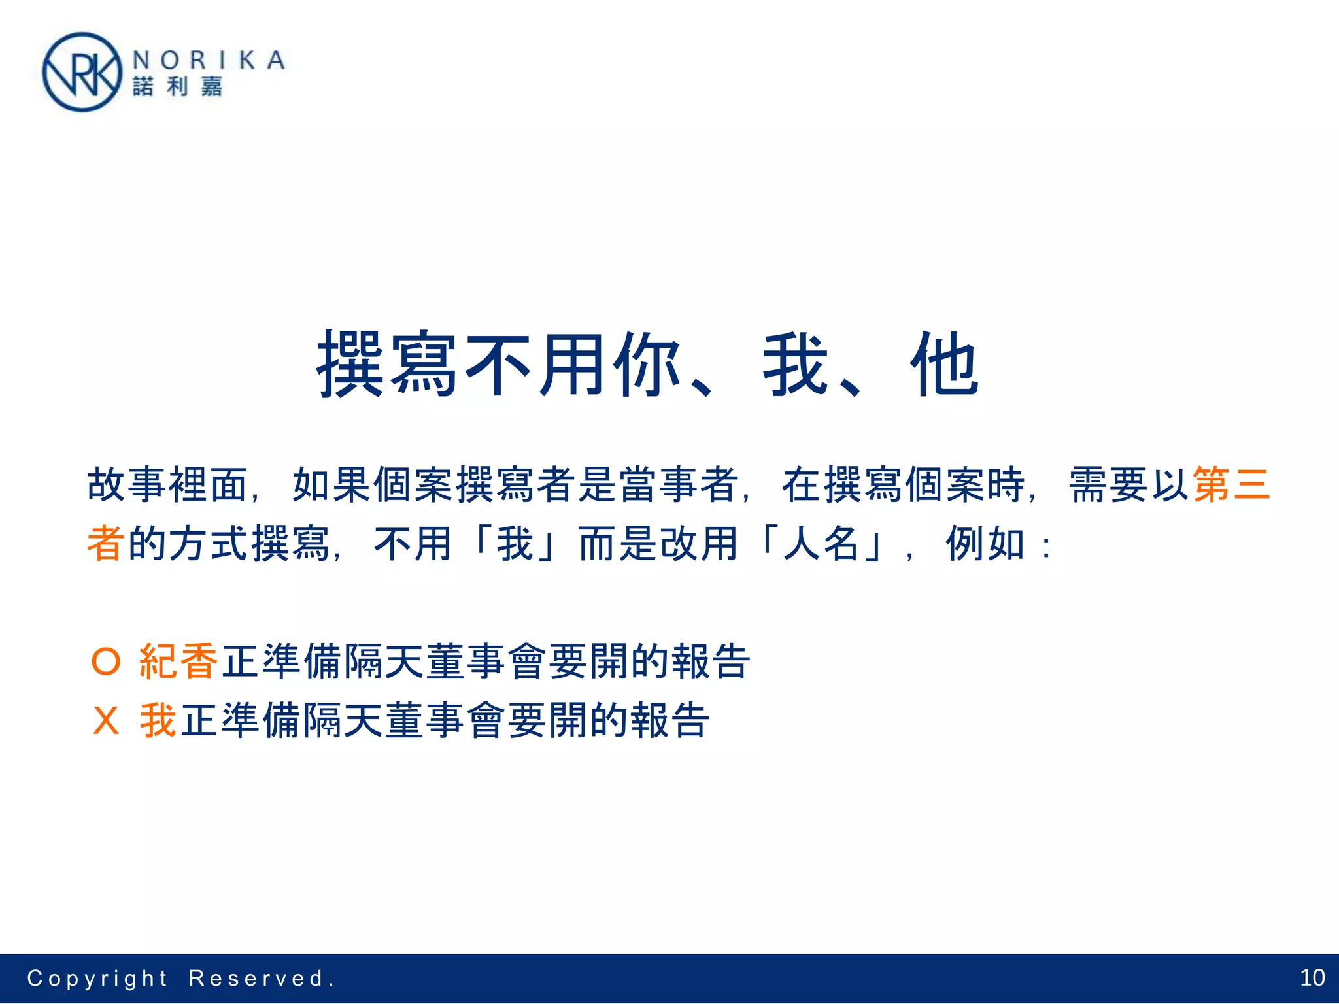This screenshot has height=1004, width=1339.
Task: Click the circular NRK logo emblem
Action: point(82,73)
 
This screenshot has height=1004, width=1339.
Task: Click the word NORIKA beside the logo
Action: point(209,61)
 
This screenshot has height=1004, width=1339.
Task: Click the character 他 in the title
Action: point(944,365)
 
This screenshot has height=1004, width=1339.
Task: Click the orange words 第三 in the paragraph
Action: point(1231,485)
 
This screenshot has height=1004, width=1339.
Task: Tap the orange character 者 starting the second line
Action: point(106,543)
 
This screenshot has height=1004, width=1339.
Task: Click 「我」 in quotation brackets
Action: point(515,543)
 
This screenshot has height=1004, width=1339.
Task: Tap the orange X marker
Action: point(106,720)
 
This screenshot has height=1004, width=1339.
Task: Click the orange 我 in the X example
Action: point(158,720)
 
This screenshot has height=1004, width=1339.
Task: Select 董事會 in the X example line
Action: point(447,720)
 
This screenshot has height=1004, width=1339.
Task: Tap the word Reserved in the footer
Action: point(257,979)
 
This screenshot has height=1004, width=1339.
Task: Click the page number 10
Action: point(1312,978)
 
